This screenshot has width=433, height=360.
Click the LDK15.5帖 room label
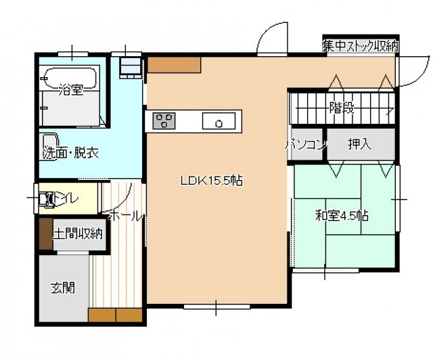212,181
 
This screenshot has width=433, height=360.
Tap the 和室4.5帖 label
342,216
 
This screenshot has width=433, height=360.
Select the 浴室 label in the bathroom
71,90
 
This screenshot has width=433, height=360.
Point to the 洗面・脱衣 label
70,154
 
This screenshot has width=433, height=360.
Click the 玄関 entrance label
63,288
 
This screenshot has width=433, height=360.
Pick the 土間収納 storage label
78,233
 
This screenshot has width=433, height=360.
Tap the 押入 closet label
359,144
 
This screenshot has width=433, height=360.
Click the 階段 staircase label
342,108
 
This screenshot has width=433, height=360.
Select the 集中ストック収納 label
361,46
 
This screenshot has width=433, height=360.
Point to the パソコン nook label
306,145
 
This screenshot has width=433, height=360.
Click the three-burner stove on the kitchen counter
164,120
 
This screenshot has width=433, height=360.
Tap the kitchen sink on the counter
219,120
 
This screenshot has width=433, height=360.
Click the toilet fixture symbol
46,199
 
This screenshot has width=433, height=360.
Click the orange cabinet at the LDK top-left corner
174,65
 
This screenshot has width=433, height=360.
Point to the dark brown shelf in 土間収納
46,233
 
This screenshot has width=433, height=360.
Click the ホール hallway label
125,216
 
